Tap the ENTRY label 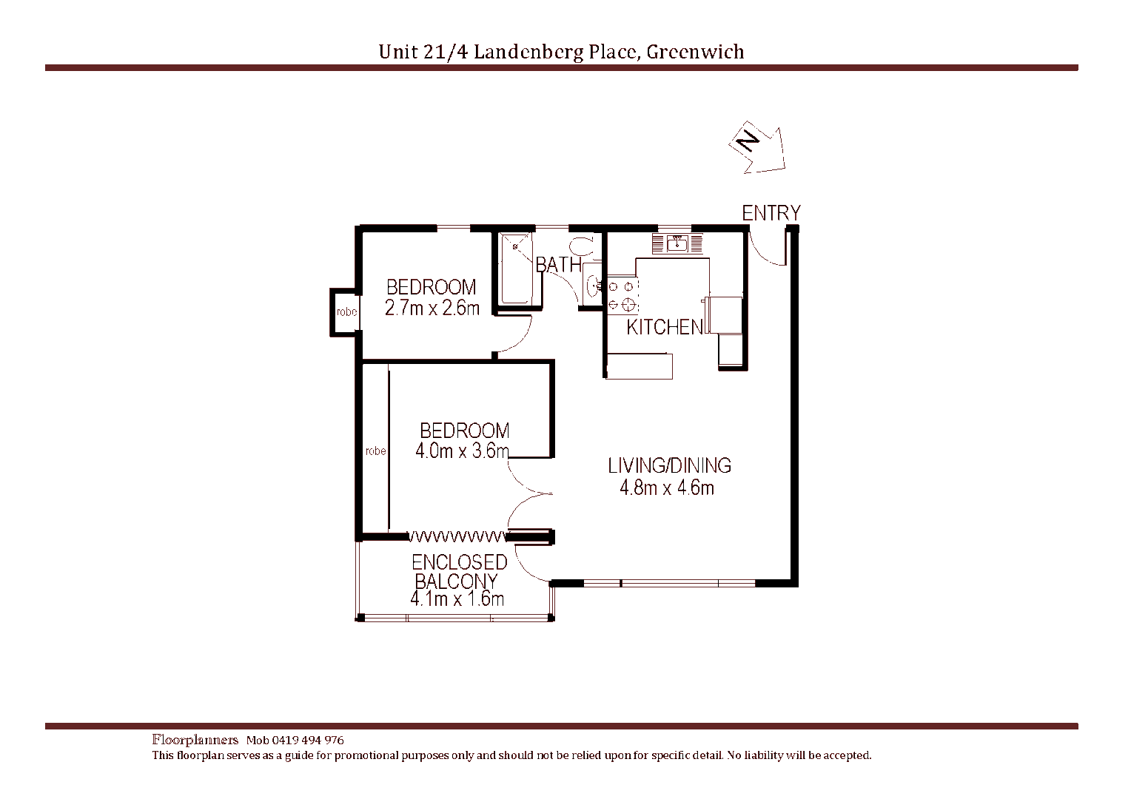pos(771,213)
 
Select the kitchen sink pos(677,243)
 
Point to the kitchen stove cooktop pos(622,294)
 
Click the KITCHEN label pos(664,327)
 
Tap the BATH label pos(558,264)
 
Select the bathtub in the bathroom pos(515,269)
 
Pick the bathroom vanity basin pos(592,285)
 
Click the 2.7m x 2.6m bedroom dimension pos(432,309)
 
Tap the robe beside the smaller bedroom pos(346,312)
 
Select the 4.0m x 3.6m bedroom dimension pos(462,451)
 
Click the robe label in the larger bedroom pos(375,451)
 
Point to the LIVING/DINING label pos(669,465)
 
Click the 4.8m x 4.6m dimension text pos(666,488)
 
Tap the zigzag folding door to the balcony pos(457,536)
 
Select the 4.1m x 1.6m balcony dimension pos(457,599)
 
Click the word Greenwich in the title pos(695,52)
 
